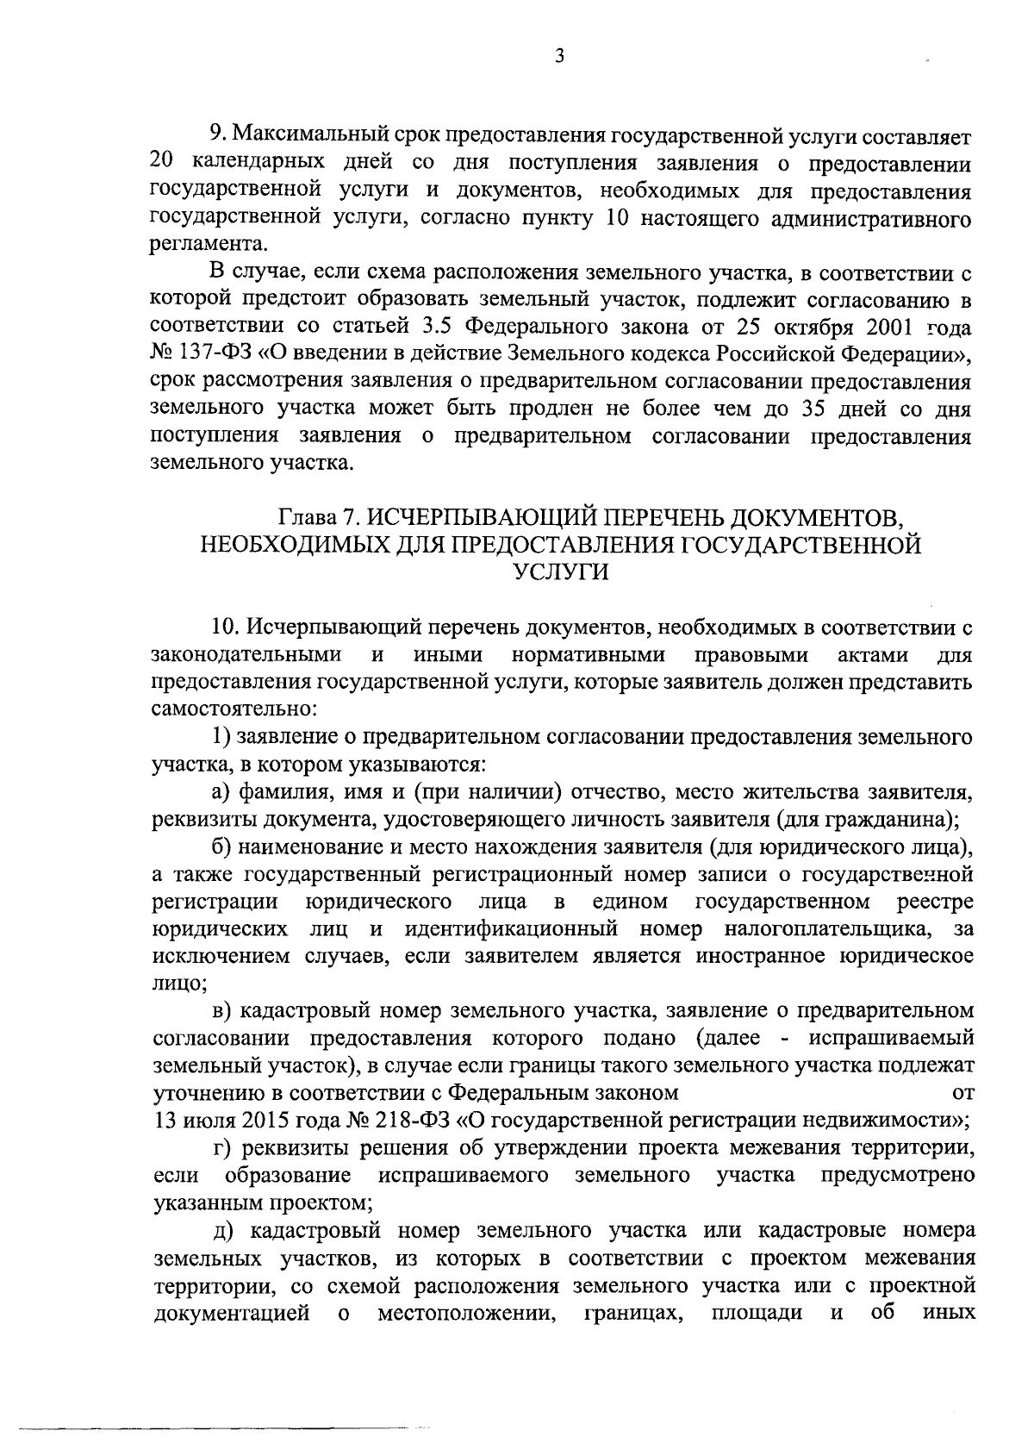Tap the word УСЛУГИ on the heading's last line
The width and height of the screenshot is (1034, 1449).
pos(560,571)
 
